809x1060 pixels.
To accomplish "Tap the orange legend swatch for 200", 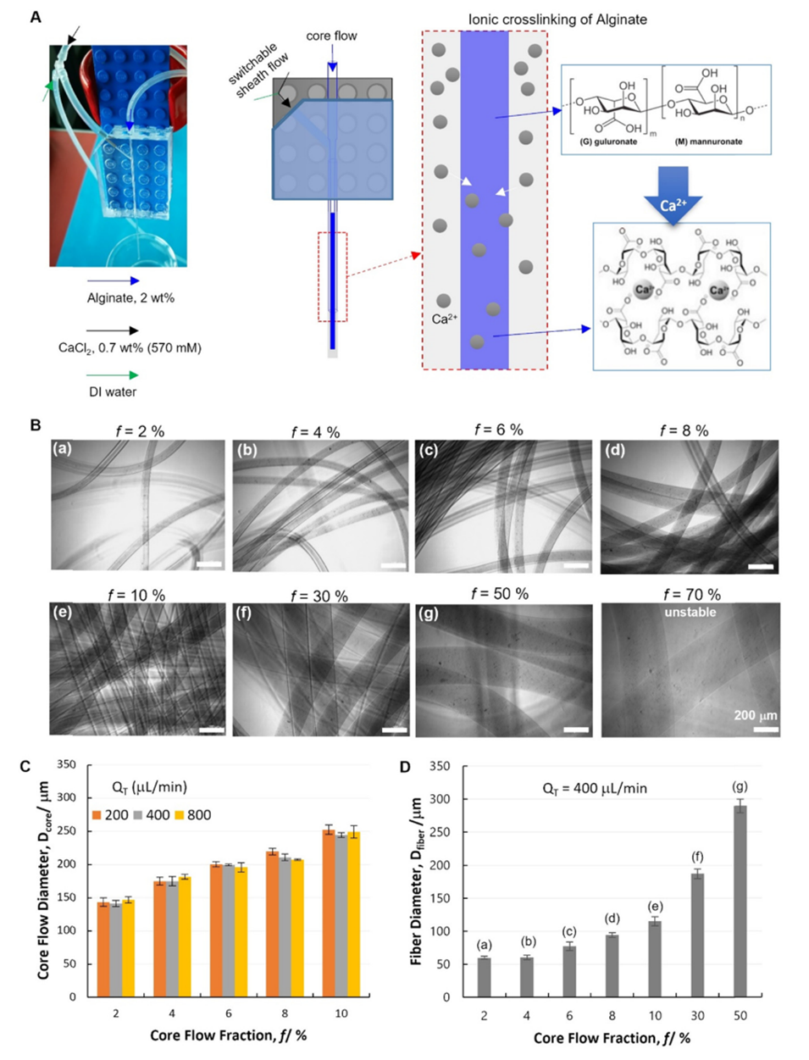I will (97, 815).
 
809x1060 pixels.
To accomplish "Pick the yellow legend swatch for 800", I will (179, 815).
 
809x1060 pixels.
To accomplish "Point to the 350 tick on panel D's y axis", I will (452, 766).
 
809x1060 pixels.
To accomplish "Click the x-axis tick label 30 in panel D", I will (697, 1016).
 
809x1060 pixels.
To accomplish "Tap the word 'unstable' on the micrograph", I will (690, 612).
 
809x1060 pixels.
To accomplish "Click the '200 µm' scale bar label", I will (755, 716).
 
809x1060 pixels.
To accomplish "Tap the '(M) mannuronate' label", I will (707, 142).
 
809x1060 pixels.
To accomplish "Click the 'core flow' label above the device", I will (331, 36).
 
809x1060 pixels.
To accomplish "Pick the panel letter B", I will (36, 425).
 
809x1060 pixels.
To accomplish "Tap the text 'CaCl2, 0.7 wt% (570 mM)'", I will (144, 347).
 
